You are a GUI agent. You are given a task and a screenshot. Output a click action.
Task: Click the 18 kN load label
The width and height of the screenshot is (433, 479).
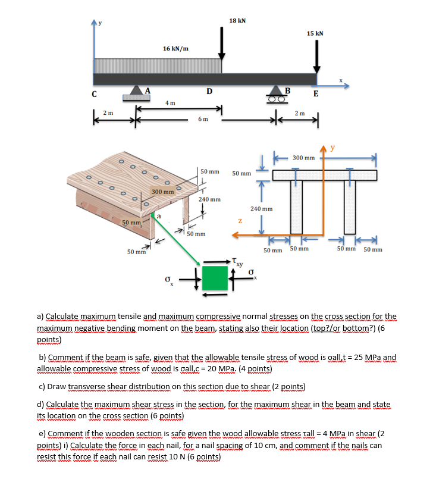click(x=237, y=21)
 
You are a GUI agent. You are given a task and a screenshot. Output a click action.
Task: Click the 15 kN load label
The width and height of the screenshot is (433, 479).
click(x=315, y=33)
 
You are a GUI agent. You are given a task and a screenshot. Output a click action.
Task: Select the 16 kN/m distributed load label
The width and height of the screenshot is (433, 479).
click(x=176, y=49)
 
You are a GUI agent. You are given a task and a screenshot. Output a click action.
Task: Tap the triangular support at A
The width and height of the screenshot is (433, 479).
click(x=137, y=90)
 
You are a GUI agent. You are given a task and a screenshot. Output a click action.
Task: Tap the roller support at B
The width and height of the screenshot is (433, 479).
click(x=276, y=90)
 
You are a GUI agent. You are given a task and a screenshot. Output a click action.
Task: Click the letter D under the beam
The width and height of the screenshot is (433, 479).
click(x=209, y=91)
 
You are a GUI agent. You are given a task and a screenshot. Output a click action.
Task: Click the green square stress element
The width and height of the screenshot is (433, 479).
click(x=215, y=277)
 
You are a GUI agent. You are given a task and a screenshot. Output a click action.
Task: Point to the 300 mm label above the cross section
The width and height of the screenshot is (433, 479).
click(x=303, y=158)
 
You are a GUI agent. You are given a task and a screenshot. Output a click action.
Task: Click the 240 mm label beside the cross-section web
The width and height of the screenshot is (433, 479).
click(x=261, y=209)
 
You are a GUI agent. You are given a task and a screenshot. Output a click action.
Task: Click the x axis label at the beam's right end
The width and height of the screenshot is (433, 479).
click(x=341, y=80)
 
